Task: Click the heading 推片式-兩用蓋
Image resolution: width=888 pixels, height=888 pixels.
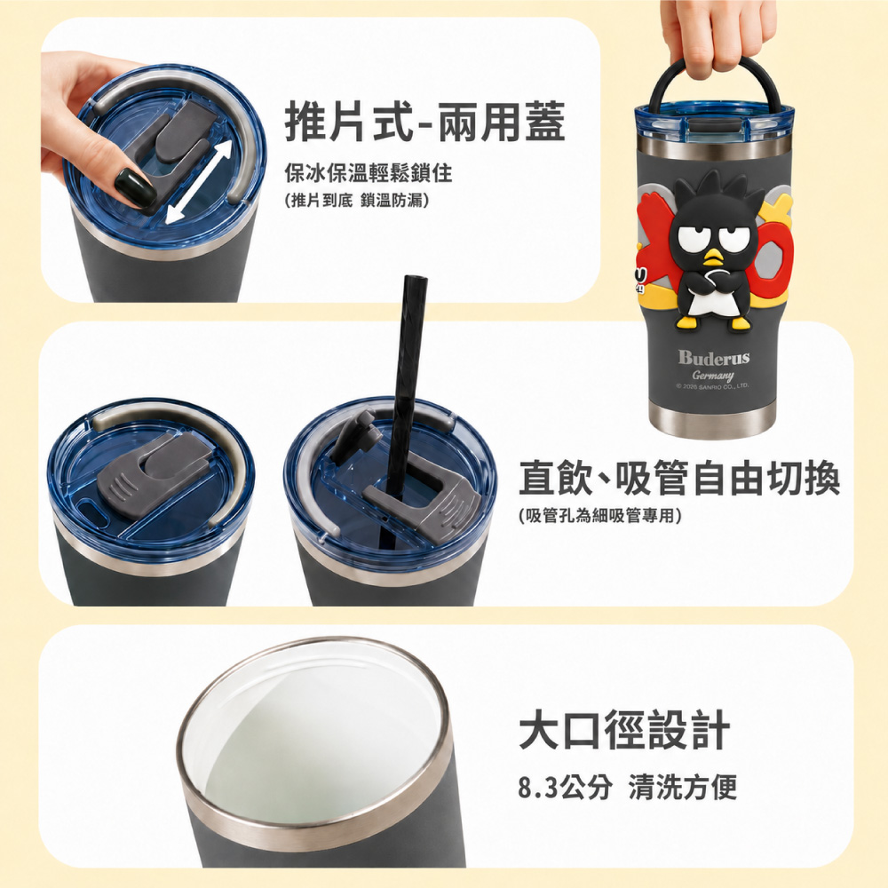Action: (x=424, y=121)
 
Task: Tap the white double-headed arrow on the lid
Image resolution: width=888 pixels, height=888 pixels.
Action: (x=199, y=182)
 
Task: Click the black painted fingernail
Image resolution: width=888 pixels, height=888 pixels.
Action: (x=135, y=188)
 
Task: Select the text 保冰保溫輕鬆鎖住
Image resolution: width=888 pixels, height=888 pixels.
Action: (x=369, y=172)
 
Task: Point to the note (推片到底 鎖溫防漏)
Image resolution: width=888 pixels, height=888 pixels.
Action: (x=358, y=200)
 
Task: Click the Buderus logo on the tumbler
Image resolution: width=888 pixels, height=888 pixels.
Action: (x=714, y=357)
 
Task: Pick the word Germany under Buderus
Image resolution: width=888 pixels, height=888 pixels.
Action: (x=713, y=376)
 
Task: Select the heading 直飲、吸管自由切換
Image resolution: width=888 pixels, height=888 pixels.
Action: (x=679, y=478)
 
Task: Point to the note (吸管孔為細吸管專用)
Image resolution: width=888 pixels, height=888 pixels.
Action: (x=600, y=515)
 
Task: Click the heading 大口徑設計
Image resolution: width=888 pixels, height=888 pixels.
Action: (x=624, y=731)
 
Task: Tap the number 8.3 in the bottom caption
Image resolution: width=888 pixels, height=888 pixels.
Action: (x=539, y=787)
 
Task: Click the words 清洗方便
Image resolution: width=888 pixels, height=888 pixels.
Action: (x=683, y=787)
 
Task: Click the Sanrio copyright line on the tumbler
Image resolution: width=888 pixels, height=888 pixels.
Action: (x=712, y=386)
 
